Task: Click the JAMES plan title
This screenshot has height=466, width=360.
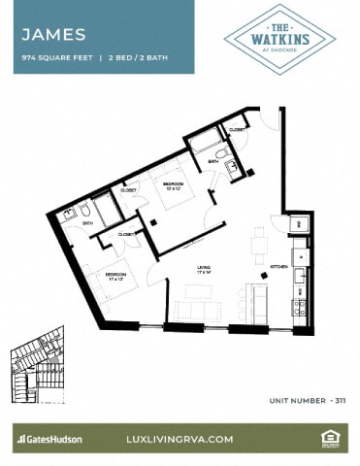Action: coord(54,34)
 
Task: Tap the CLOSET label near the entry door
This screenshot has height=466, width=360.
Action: coord(237,129)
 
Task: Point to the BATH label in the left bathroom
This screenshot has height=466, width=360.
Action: coord(87,223)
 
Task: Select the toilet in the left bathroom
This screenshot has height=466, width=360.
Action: coord(85,209)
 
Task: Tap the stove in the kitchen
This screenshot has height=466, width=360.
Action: coord(301,308)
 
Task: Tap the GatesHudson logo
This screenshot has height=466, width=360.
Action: coord(49,439)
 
